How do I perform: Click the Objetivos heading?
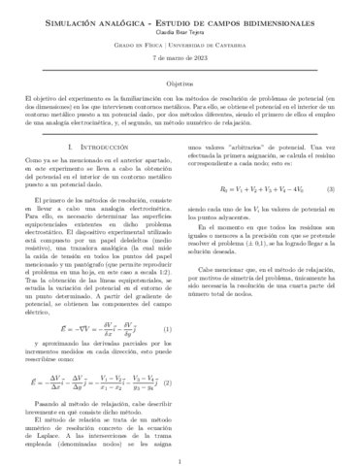(x=180, y=85)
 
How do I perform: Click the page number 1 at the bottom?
(x=180, y=451)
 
